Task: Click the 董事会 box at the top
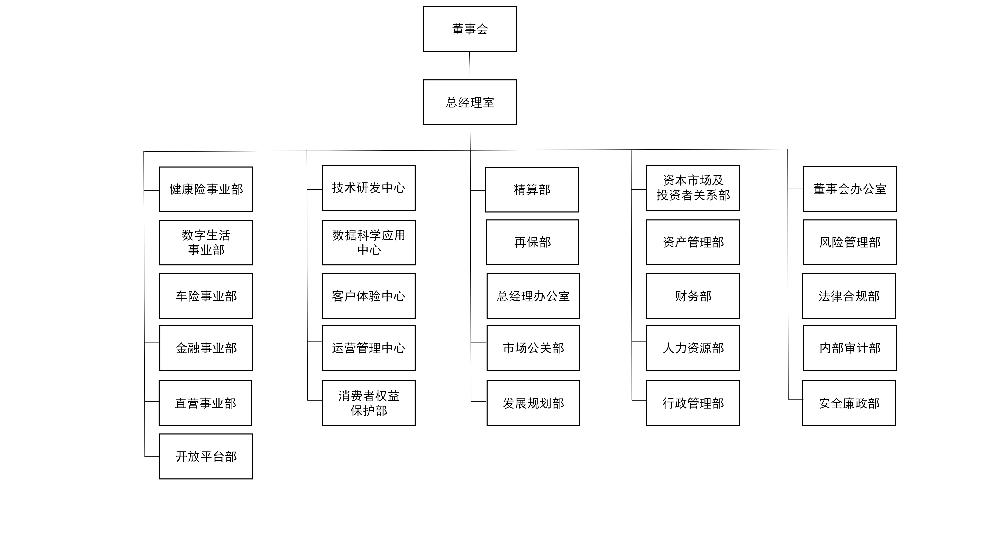470,29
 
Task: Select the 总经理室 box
470,102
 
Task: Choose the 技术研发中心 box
369,188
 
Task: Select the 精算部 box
532,190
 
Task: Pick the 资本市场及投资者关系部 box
693,188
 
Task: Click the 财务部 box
693,296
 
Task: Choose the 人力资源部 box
693,348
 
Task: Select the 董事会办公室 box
850,189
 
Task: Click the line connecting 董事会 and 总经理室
470,65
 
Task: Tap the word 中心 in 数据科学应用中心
369,250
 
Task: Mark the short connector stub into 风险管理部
796,239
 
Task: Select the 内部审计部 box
850,348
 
